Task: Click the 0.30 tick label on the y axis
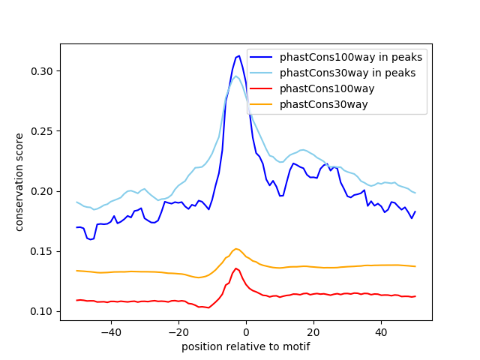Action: [x=42, y=71]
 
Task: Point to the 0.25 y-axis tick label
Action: [x=42, y=131]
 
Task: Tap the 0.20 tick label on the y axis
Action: [x=42, y=191]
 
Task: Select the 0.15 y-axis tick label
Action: [x=42, y=252]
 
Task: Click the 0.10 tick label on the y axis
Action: [x=42, y=312]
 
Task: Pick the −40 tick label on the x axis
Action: [x=111, y=332]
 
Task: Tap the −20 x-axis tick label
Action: [x=178, y=332]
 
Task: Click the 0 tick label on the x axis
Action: [x=246, y=332]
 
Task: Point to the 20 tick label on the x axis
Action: [x=313, y=332]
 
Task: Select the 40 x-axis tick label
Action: [x=381, y=332]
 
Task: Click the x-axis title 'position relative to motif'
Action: [x=246, y=346]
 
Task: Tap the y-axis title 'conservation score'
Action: [x=19, y=182]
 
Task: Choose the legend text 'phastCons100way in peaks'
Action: [x=351, y=57]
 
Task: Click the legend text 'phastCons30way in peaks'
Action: [x=347, y=73]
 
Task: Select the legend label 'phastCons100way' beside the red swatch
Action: [x=327, y=88]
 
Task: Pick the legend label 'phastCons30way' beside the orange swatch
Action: [x=323, y=105]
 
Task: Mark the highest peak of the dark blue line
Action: [x=239, y=55]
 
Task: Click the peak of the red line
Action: [x=235, y=268]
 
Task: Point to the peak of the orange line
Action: [x=236, y=248]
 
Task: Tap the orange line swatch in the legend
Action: [x=261, y=104]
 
